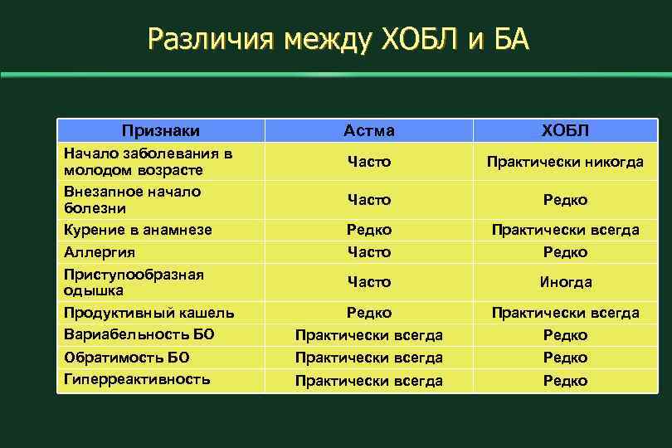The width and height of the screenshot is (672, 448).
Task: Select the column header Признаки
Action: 161,130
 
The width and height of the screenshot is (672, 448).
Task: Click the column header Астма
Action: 369,131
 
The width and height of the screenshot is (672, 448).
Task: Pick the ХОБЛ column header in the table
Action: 565,131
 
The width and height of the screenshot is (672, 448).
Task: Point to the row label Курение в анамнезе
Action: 138,230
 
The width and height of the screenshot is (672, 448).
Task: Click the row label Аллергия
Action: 100,251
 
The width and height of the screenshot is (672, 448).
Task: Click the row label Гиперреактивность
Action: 137,379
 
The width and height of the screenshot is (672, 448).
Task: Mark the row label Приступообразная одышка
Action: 134,282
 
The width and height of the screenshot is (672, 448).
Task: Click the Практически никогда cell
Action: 565,162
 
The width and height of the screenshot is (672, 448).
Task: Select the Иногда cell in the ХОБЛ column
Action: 565,282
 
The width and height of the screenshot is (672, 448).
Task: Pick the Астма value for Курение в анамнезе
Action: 369,230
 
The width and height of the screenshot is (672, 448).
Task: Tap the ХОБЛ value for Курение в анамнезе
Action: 565,230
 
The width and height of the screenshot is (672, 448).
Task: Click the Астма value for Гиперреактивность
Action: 369,381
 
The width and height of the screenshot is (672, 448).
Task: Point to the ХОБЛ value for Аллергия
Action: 565,251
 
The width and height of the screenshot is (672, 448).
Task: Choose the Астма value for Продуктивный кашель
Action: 369,313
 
